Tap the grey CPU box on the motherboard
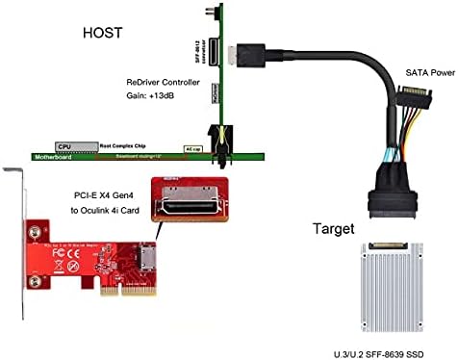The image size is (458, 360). [x=64, y=147]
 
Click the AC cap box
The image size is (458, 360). [x=192, y=150]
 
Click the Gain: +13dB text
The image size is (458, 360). [x=154, y=99]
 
